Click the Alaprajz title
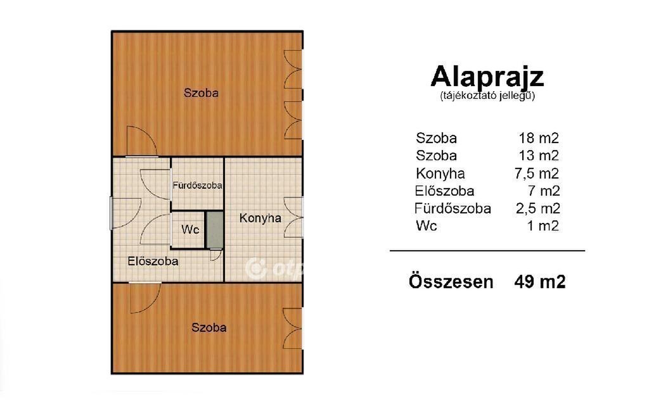487,77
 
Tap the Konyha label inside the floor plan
260,218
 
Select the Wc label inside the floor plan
190,229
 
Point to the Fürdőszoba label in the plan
198,186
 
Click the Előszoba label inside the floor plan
153,262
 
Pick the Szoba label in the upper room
201,92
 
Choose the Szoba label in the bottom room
209,327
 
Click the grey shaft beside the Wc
214,230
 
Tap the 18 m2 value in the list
539,137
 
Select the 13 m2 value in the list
539,156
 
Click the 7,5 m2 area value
536,174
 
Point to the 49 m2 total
540,282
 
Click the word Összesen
451,282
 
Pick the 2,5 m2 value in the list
537,208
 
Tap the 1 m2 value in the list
543,226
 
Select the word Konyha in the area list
440,174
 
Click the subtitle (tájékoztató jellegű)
487,96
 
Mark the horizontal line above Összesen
487,251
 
